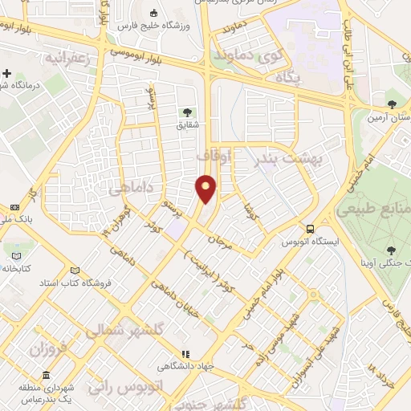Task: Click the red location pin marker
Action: pos(206,187)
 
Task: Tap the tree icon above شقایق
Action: pos(187,112)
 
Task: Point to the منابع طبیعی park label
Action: pos(375,210)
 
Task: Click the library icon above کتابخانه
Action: pos(16,255)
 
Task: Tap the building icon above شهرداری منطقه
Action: pos(46,375)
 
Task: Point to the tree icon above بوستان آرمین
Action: pos(392,104)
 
